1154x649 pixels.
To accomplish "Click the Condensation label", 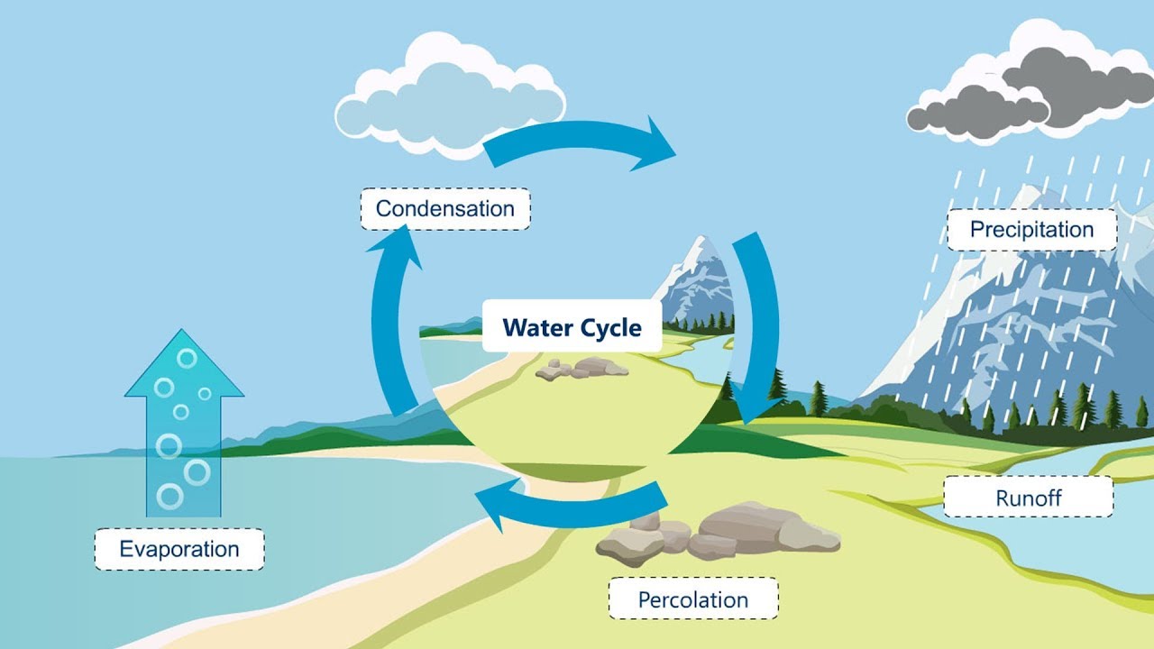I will (x=445, y=208).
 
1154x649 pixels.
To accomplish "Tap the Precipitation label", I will (x=1031, y=229).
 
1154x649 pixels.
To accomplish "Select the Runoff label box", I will (x=1028, y=497).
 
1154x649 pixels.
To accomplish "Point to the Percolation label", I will (x=692, y=599).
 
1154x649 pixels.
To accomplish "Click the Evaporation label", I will (x=179, y=549).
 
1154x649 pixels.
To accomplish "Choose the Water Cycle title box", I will (x=572, y=326).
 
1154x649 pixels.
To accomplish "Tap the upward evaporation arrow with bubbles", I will (x=184, y=424).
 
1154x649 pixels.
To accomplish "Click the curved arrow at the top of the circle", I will (x=577, y=142).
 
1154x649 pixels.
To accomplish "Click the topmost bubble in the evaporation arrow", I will (x=187, y=358).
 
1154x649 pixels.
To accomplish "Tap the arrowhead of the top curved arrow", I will (x=654, y=144).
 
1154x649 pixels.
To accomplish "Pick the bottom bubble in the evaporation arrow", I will (x=169, y=496).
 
